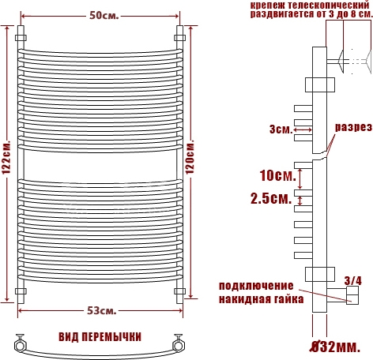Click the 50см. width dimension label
[x=104, y=16]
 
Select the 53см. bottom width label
[x=101, y=311]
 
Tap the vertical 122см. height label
[x=6, y=158]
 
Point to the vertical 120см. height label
[x=190, y=158]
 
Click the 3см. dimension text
[x=281, y=129]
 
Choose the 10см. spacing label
[x=278, y=175]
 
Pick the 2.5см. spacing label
[x=271, y=199]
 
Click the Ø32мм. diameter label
[x=335, y=347]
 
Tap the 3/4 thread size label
[x=353, y=281]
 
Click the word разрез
[x=353, y=127]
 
